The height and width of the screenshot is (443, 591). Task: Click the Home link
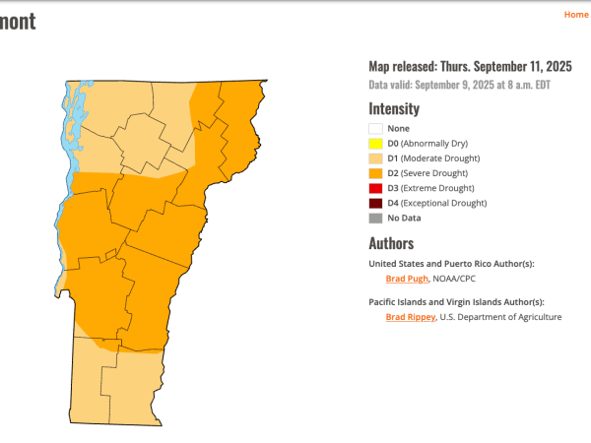tap(575, 15)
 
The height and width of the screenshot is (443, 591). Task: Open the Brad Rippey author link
tap(410, 317)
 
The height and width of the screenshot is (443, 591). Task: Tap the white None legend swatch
tap(375, 128)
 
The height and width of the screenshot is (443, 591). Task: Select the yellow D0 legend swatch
tap(375, 143)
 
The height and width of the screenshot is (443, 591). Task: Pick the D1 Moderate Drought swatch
tap(375, 158)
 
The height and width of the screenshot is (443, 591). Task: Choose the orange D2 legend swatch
tap(375, 173)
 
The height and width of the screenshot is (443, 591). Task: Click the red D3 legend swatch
tap(375, 188)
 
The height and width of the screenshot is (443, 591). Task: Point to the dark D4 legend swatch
tap(375, 203)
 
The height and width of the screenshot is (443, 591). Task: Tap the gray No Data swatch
tap(375, 218)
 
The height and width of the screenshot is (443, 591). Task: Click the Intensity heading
tap(394, 109)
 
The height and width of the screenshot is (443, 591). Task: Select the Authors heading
tap(391, 243)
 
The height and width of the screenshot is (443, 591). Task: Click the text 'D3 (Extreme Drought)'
tap(430, 188)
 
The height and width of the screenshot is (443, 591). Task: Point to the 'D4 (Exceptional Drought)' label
tap(437, 203)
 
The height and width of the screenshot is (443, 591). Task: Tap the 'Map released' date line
tap(470, 67)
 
